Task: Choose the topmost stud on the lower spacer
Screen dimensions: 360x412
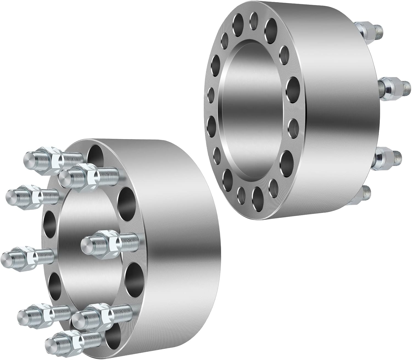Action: (x=52, y=157)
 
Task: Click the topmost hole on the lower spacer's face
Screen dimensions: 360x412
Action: (x=95, y=155)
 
